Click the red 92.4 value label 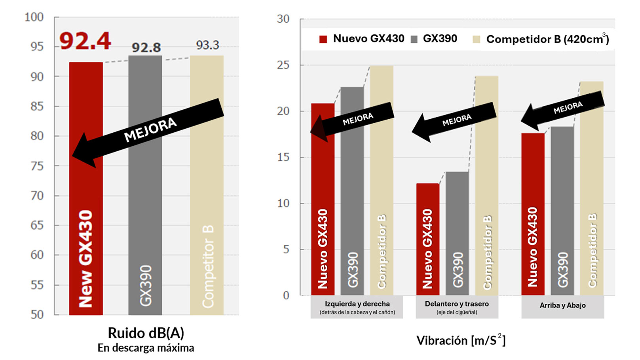(x=85, y=41)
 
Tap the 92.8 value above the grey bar (x=146, y=48)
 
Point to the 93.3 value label (x=207, y=45)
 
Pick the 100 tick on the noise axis (x=34, y=17)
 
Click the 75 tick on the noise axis (x=37, y=166)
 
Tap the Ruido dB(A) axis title (x=146, y=333)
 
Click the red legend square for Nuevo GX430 (x=323, y=39)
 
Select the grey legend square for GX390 (x=414, y=39)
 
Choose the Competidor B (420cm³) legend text (x=547, y=39)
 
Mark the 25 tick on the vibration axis (x=283, y=65)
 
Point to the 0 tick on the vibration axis (x=286, y=295)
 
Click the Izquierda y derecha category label (x=357, y=304)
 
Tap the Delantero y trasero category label (x=457, y=304)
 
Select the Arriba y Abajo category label (x=562, y=305)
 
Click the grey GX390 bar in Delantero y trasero (x=457, y=234)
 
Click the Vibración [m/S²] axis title (x=461, y=340)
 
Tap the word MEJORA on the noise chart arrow (x=150, y=130)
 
